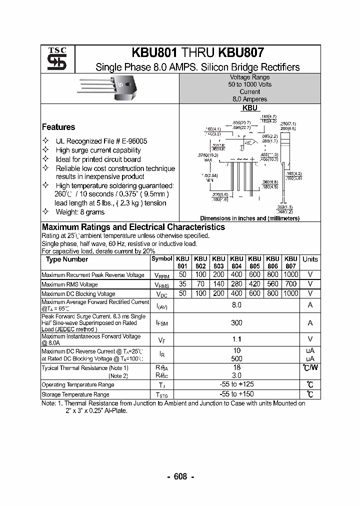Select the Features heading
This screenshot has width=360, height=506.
tap(58, 127)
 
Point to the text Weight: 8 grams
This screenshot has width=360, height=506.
tap(80, 212)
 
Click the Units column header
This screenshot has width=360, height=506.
tap(310, 259)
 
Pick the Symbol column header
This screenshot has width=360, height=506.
tap(161, 259)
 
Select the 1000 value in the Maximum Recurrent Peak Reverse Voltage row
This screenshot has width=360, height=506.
tap(290, 274)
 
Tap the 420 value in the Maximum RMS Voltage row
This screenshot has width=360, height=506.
tap(254, 284)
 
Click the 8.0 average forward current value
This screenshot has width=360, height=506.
tap(236, 304)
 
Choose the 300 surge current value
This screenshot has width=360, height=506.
tap(236, 323)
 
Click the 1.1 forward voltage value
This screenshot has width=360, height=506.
tap(236, 340)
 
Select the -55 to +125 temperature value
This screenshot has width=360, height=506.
tap(236, 384)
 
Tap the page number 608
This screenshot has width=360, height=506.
tap(180, 476)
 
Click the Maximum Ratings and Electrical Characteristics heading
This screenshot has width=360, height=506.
tap(133, 227)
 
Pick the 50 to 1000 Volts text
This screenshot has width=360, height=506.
tap(249, 84)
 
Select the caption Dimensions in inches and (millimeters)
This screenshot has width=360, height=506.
tap(249, 218)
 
